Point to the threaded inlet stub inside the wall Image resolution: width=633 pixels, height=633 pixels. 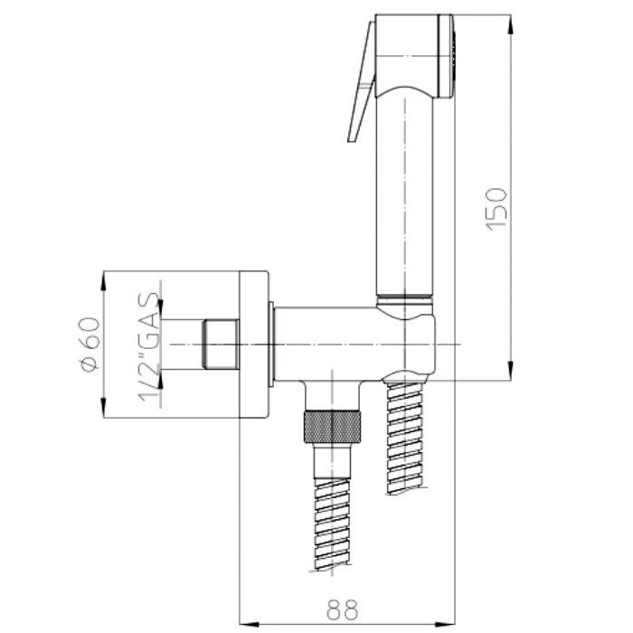pos(222,345)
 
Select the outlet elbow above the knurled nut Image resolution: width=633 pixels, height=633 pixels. pos(333,395)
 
